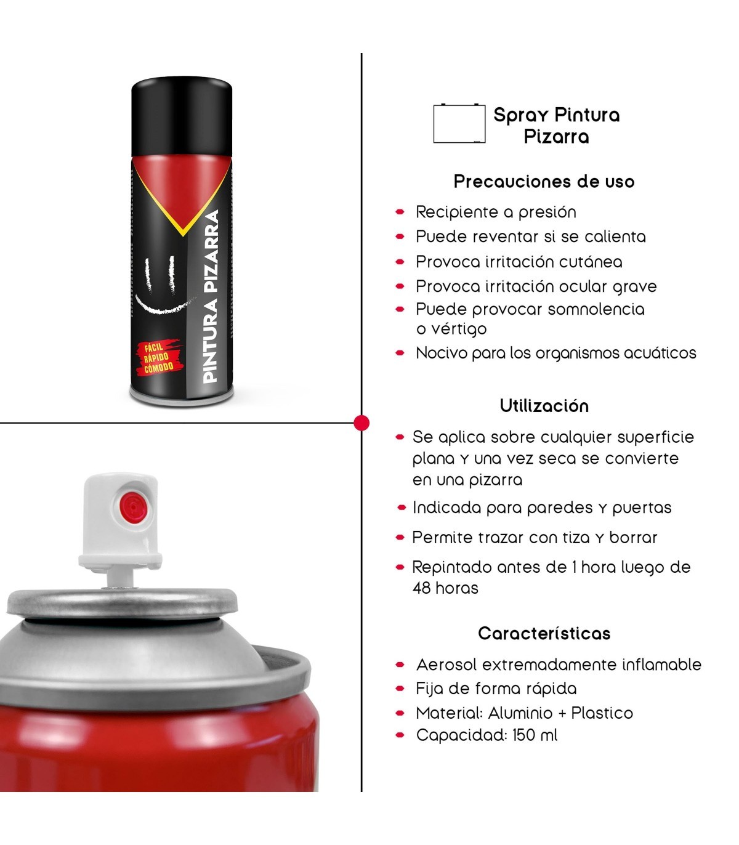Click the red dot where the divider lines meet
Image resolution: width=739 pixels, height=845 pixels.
[361, 423]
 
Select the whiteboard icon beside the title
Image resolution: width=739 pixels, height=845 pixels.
[459, 124]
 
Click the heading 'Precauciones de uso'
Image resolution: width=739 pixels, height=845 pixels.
[544, 182]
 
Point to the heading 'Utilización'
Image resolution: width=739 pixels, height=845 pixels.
[544, 406]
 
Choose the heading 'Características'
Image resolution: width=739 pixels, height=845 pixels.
[544, 633]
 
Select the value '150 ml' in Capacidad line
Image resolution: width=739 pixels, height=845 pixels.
[535, 735]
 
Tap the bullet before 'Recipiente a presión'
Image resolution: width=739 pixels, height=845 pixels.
[400, 212]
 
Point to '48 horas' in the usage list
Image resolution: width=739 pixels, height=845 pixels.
[445, 588]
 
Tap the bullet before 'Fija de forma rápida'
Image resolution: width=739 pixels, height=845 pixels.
[400, 689]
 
